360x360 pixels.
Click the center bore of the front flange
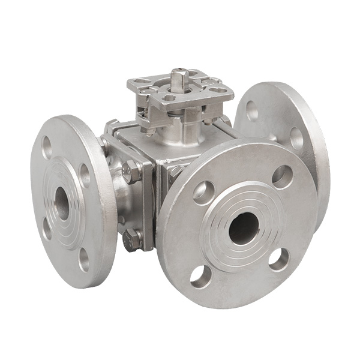click(x=244, y=227)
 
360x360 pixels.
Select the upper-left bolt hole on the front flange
click(x=203, y=191)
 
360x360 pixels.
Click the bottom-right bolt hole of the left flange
click(x=84, y=258)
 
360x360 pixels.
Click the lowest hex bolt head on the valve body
click(x=132, y=240)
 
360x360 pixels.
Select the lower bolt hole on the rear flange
click(x=297, y=139)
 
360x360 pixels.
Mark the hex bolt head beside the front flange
click(x=175, y=174)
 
